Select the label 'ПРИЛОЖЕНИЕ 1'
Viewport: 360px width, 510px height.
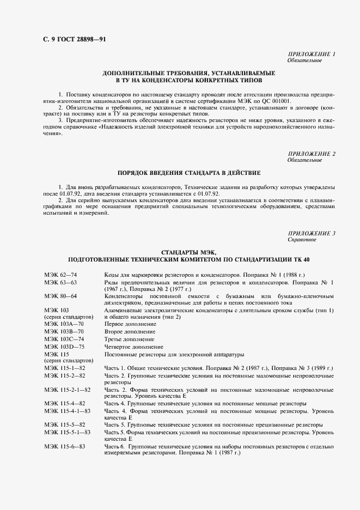tap(311, 54)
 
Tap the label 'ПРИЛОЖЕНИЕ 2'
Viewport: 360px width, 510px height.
tap(311, 154)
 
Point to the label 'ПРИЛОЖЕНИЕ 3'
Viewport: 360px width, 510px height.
tap(311, 233)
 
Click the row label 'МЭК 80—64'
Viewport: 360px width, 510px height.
tap(60, 296)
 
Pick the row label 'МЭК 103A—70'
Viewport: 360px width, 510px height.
tap(64, 324)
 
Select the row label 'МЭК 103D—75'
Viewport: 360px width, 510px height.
tap(64, 347)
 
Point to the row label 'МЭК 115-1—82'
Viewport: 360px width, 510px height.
tap(65, 369)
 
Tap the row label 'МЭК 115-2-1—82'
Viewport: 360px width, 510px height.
tap(68, 391)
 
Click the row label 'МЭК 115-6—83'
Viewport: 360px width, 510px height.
tap(65, 446)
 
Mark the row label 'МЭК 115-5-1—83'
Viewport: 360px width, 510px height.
tap(68, 432)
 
